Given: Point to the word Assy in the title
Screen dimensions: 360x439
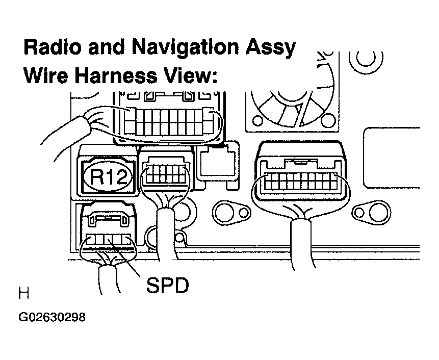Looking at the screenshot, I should pyautogui.click(x=268, y=48).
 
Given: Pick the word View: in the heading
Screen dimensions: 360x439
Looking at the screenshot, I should pyautogui.click(x=189, y=76).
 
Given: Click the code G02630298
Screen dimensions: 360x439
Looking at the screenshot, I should pyautogui.click(x=52, y=317).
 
